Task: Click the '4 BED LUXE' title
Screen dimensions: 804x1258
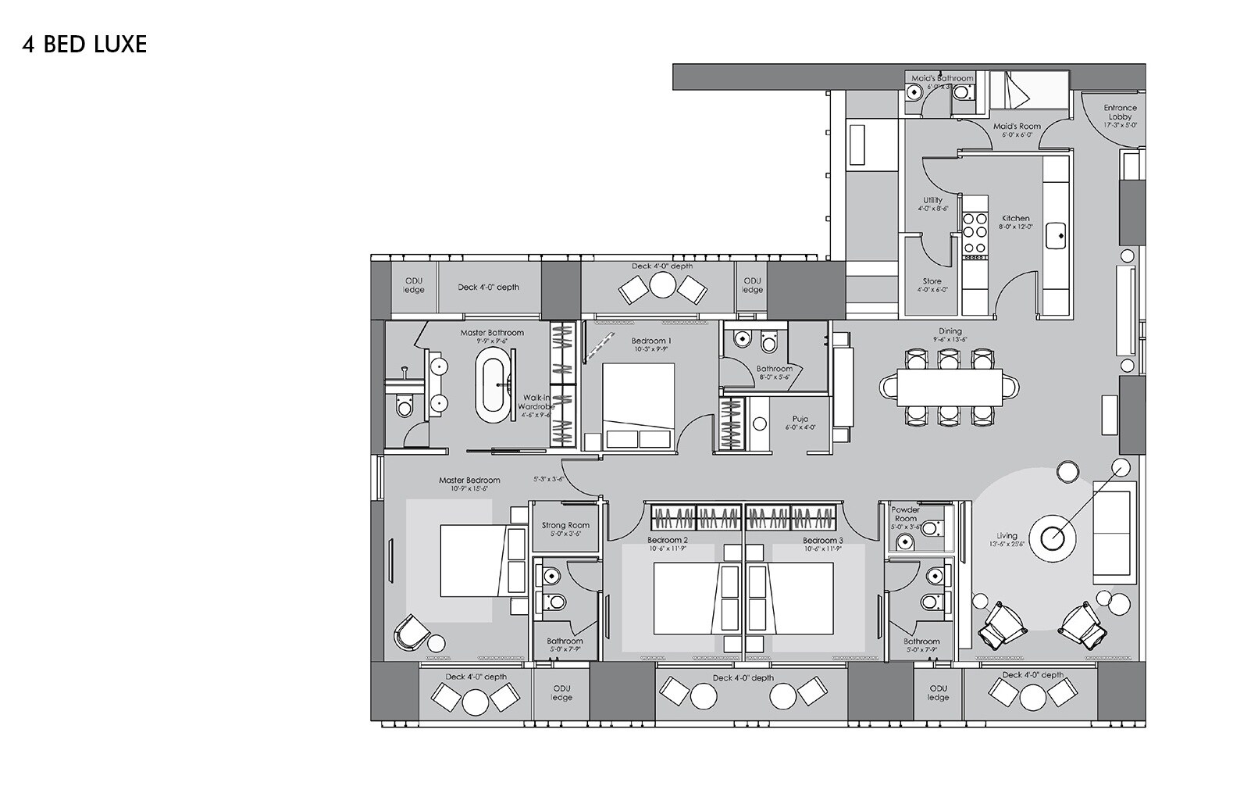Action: click(x=84, y=45)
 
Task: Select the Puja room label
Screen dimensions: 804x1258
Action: click(x=800, y=419)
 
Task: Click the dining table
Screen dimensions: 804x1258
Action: click(x=949, y=386)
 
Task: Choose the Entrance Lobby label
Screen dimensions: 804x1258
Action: click(x=1120, y=113)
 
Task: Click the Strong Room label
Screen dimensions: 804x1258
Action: click(x=565, y=526)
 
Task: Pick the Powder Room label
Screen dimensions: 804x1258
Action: click(x=905, y=514)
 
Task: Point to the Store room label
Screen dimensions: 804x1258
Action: click(x=932, y=281)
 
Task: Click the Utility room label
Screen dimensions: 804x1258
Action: click(x=932, y=201)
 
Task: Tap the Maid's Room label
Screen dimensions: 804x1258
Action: click(x=1017, y=127)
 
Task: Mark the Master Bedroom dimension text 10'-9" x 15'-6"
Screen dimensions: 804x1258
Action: click(x=469, y=489)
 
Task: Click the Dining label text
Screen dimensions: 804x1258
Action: click(x=950, y=331)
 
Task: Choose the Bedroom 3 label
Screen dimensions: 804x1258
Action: click(x=822, y=540)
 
